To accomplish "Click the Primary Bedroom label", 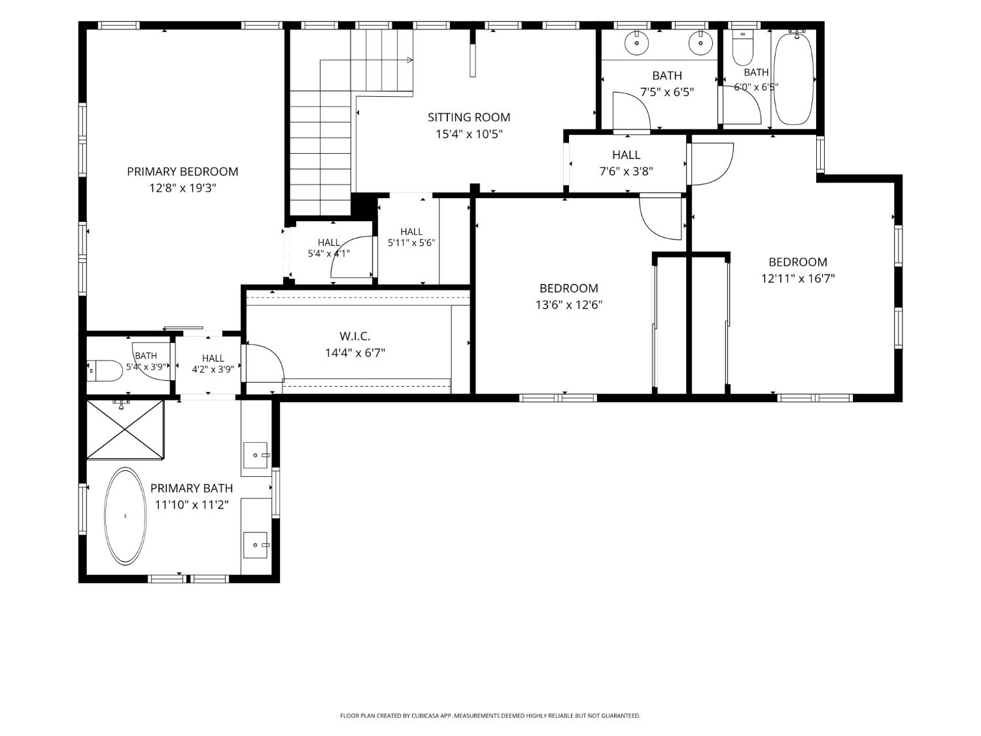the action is coord(182,171).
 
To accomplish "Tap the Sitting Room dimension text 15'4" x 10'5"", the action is coord(469,134).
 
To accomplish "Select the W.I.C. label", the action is coord(355,336).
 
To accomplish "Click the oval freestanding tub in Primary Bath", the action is coord(125,516).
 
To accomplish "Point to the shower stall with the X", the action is coord(125,429).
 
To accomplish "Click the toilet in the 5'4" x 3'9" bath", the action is coord(105,371).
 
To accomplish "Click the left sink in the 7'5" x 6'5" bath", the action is coord(636,43).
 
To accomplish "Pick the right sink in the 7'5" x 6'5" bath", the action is coord(700,43).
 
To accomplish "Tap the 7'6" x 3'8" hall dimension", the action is coord(626,171).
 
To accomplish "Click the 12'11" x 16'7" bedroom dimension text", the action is coord(799,279).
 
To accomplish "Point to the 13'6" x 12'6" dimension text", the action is coord(569,305).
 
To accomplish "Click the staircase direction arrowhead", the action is coord(409,60).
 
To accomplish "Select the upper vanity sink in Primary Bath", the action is coord(256,455).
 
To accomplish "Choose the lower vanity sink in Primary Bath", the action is coord(256,545).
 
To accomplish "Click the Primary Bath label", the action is coord(192,489).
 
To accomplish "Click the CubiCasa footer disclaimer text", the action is coord(490,716).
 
